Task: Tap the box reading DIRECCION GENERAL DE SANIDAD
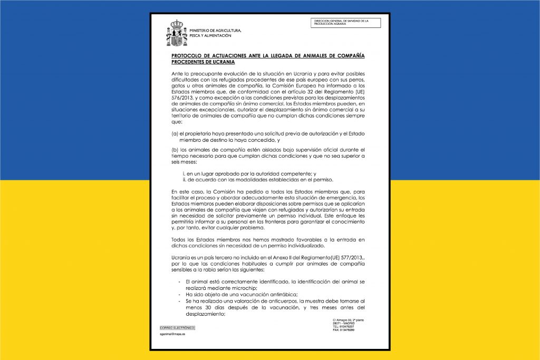[x=346, y=23]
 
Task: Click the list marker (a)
[x=175, y=134]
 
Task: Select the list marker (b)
[x=175, y=150]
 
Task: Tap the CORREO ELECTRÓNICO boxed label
[x=173, y=328]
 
